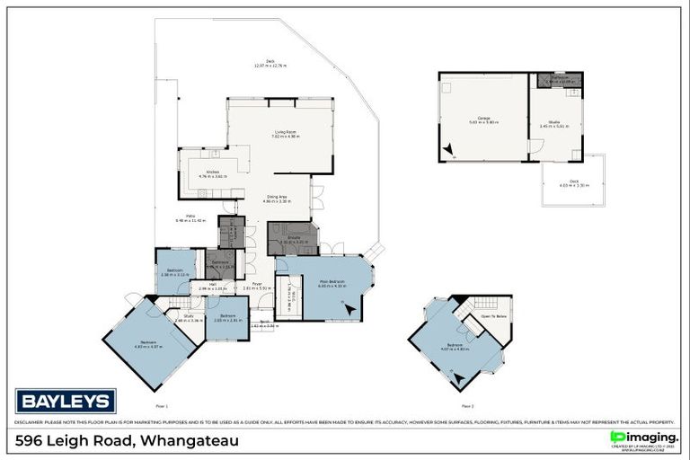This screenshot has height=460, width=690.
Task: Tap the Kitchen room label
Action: coord(214,172)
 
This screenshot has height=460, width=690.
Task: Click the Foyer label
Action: coord(257,285)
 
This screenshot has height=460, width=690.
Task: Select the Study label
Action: coord(190,316)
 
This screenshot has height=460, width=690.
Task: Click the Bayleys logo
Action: coord(65,401)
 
